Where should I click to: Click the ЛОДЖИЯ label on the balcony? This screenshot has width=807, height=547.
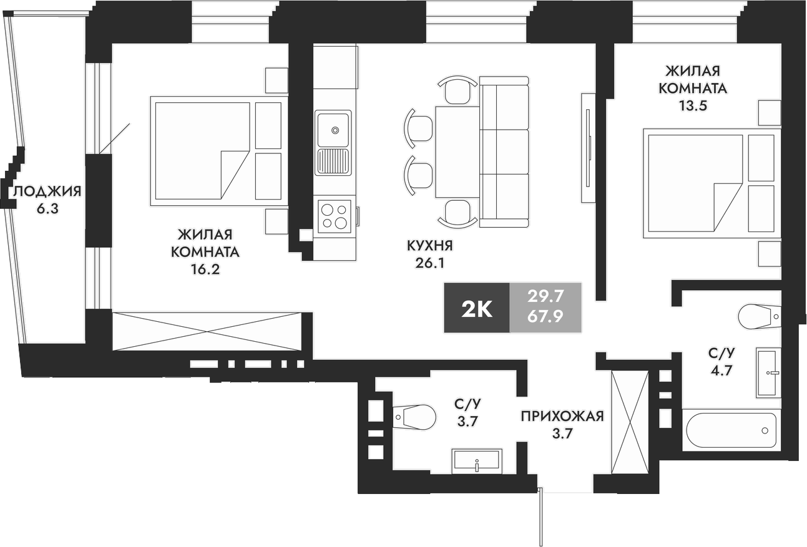(x=47, y=191)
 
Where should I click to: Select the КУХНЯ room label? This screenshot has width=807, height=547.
(x=429, y=245)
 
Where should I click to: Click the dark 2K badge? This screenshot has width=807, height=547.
(x=477, y=307)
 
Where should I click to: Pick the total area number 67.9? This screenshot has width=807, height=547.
(x=545, y=316)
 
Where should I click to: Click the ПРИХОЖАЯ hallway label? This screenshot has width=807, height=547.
(x=563, y=416)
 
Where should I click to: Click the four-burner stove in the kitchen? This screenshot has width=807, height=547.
(x=333, y=216)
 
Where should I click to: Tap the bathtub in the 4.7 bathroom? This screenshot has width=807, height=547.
(x=731, y=430)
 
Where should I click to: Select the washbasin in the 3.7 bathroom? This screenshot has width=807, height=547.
(x=476, y=461)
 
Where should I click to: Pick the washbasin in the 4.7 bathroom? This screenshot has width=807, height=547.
(x=768, y=372)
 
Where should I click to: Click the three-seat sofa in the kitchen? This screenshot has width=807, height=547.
(x=504, y=152)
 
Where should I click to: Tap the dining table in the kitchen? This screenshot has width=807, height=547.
(x=457, y=152)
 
